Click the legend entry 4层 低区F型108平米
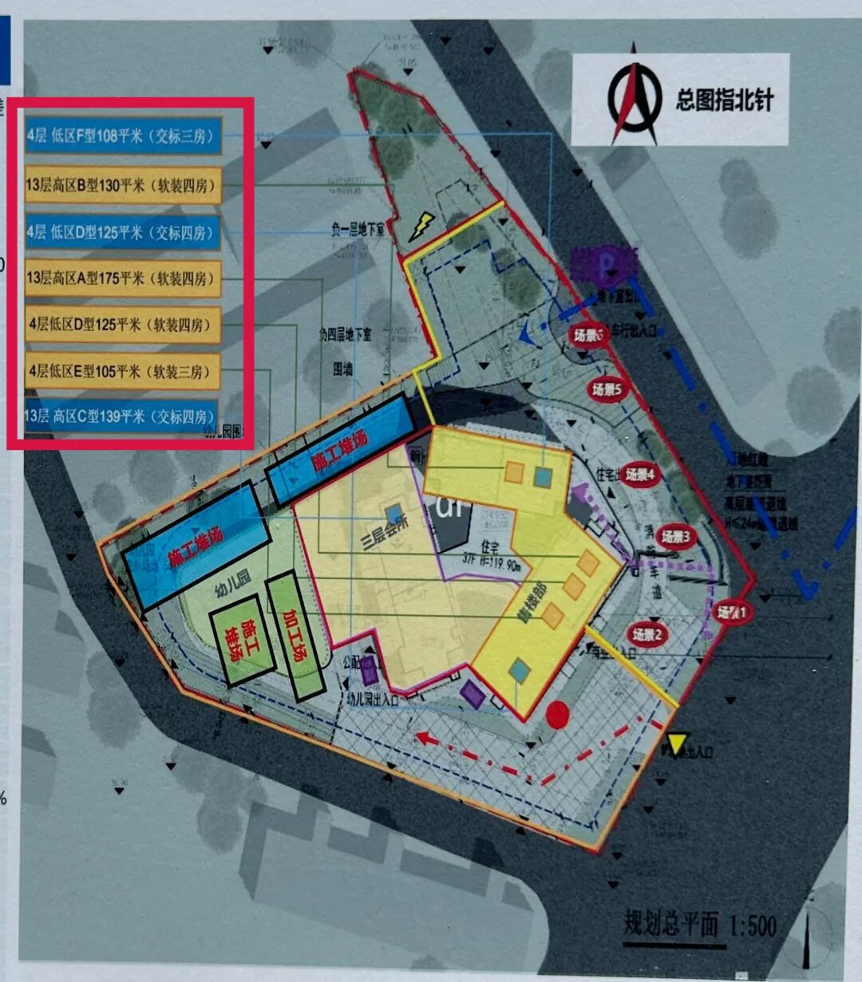123,136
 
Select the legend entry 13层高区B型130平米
123,185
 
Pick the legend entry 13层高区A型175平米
123,278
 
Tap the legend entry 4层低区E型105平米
123,372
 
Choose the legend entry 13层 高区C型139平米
121,416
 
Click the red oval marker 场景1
732,613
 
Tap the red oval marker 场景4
640,475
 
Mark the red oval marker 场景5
611,389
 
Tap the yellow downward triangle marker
677,743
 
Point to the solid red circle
557,713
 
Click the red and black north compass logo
634,98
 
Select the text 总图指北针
724,100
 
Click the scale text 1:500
752,925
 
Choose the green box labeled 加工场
295,636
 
